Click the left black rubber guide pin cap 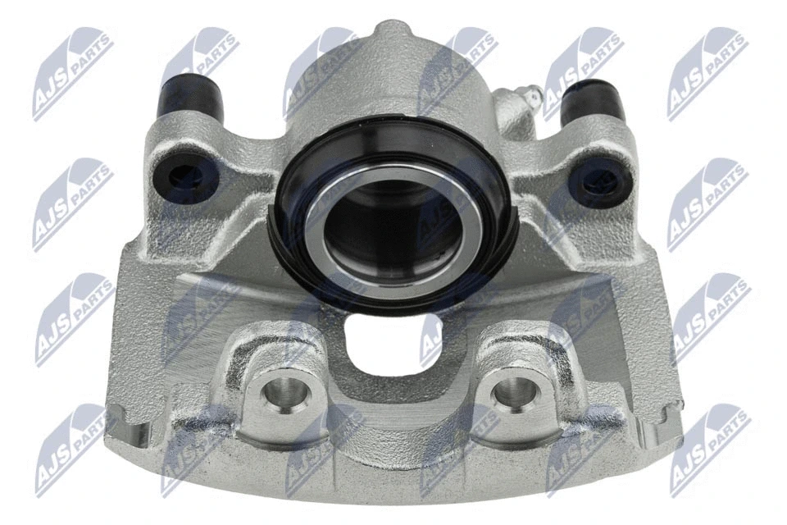(x=191, y=97)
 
